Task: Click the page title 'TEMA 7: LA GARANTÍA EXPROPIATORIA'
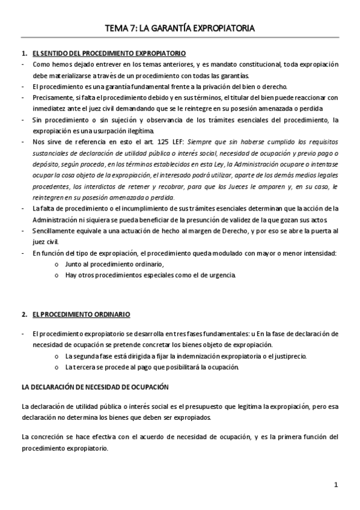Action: point(180,28)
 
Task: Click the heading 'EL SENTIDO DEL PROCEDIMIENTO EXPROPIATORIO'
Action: point(109,54)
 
